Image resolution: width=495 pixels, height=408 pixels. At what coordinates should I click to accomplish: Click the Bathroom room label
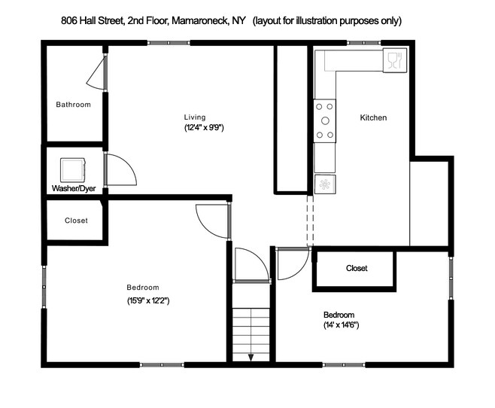(73, 105)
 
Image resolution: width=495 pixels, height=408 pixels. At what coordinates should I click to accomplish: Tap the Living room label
(195, 117)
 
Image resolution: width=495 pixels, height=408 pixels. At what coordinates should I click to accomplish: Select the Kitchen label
(373, 118)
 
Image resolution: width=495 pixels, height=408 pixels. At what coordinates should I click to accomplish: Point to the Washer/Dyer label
(72, 188)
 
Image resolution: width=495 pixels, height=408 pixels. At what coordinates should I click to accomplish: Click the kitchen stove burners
(326, 120)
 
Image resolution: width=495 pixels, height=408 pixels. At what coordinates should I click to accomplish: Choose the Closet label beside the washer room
(76, 221)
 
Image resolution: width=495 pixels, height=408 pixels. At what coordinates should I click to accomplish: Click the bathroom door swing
(96, 72)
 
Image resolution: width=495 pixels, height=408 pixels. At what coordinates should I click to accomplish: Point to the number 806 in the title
(68, 20)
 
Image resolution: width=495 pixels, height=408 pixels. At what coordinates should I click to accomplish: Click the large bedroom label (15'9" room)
(142, 288)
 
